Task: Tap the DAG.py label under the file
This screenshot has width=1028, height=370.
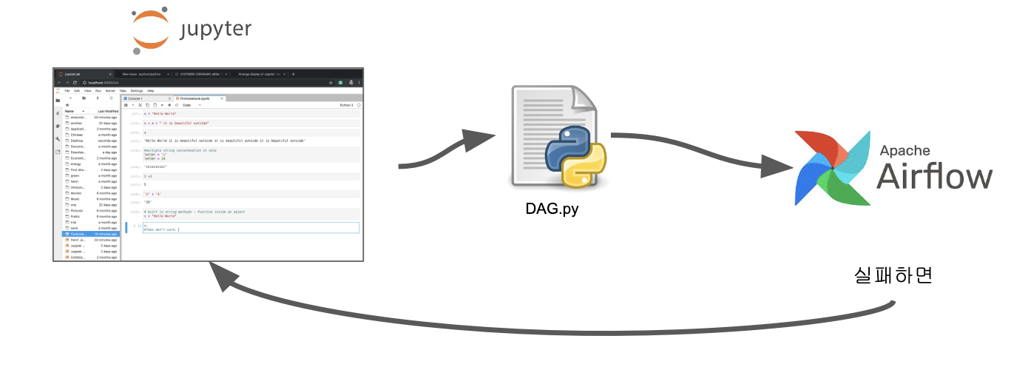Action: point(547,209)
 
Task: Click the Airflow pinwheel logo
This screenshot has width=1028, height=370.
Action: point(832,169)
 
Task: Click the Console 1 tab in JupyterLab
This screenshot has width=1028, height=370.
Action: point(135,98)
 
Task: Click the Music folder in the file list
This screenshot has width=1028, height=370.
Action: point(75,199)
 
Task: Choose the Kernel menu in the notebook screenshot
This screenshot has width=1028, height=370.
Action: point(110,90)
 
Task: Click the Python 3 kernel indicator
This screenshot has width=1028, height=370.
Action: point(346,105)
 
